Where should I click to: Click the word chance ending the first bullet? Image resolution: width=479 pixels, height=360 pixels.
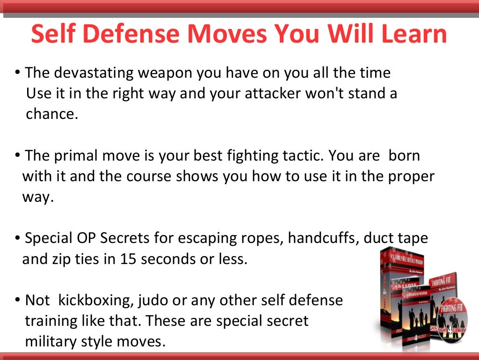pos(51,114)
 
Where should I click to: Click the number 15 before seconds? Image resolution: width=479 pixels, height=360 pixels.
pos(130,258)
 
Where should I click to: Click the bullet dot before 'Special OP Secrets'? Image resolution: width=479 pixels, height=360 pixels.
pos(17,238)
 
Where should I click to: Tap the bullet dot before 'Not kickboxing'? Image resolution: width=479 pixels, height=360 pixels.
pos(17,301)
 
